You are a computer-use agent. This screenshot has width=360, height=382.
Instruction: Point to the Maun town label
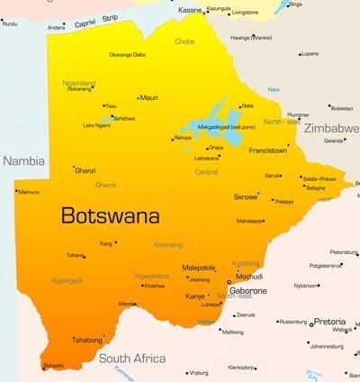149,96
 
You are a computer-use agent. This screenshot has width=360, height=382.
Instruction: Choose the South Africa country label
133,359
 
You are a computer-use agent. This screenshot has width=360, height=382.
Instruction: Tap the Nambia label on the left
23,160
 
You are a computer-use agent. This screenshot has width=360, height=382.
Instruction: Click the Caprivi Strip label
97,22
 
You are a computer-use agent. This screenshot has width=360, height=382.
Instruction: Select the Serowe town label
245,196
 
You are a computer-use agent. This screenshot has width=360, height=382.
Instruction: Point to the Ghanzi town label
85,169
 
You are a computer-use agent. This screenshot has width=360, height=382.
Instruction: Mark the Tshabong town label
88,341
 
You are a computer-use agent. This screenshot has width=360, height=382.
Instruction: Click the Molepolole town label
199,268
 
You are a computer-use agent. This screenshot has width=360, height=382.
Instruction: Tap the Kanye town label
195,296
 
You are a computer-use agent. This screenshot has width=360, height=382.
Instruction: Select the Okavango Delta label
128,55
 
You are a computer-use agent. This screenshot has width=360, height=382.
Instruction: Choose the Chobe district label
184,41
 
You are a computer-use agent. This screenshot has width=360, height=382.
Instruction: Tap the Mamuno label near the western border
29,192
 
